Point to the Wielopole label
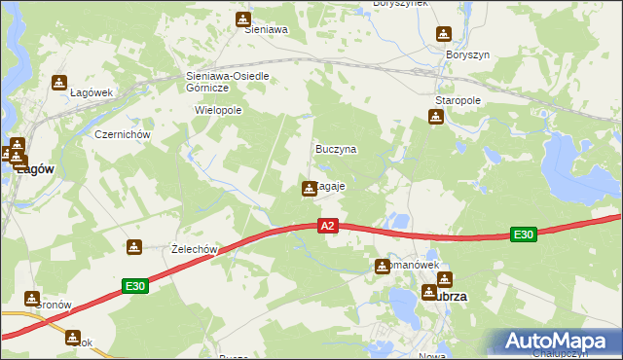pyautogui.click(x=218, y=110)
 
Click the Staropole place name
pyautogui.click(x=458, y=100)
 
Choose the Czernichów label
pyautogui.click(x=120, y=134)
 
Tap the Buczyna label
pyautogui.click(x=336, y=150)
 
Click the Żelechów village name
pyautogui.click(x=193, y=249)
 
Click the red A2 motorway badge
pyautogui.click(x=328, y=226)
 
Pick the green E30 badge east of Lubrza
pyautogui.click(x=524, y=234)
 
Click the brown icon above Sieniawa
pyautogui.click(x=243, y=18)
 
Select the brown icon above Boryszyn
pyautogui.click(x=445, y=35)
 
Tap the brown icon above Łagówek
pyautogui.click(x=59, y=82)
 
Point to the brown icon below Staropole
pyautogui.click(x=435, y=117)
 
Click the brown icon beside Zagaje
pyautogui.click(x=310, y=188)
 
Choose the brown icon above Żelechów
pyautogui.click(x=134, y=247)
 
